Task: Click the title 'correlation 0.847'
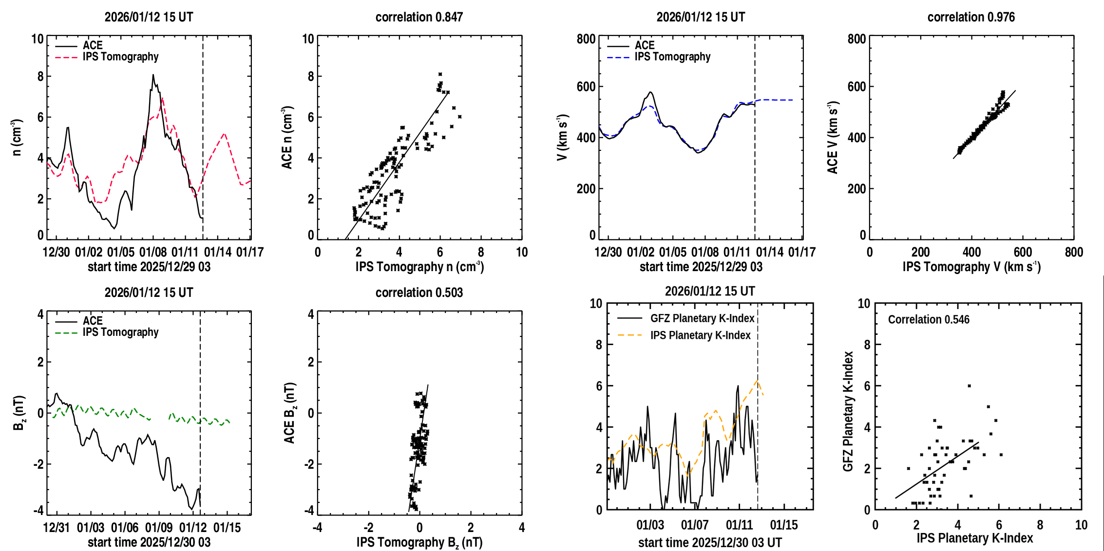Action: (x=419, y=17)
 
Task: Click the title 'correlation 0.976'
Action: (x=971, y=17)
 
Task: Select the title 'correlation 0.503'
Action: (x=419, y=293)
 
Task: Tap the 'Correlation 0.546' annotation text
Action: (x=929, y=319)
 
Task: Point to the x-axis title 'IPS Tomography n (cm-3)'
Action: (x=419, y=267)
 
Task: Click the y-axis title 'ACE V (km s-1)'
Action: (x=833, y=138)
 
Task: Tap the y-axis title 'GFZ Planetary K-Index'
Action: (x=848, y=411)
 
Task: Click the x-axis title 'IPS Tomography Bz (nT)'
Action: (x=419, y=542)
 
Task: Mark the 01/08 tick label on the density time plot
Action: (x=153, y=252)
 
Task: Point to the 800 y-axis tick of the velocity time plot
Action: (x=586, y=39)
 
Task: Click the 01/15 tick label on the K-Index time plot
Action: (x=784, y=525)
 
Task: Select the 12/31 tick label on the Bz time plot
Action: (x=56, y=528)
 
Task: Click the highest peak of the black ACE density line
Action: (x=153, y=75)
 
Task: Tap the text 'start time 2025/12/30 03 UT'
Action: (x=710, y=542)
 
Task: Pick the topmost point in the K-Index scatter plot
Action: (x=970, y=386)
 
